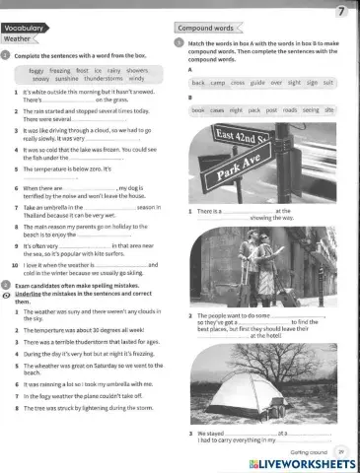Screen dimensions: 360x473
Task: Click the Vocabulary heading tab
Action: coord(24,30)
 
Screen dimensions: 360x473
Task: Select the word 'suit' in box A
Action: coord(327,83)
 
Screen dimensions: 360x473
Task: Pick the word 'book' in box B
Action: coord(198,111)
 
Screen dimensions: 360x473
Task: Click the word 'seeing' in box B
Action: coord(312,111)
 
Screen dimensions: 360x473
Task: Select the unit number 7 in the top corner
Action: coord(340,11)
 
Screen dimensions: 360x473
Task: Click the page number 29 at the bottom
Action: coord(341,447)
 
